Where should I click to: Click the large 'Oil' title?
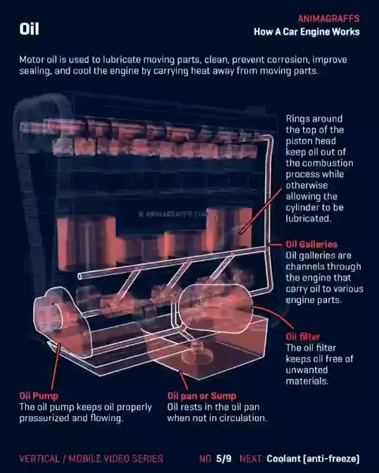pyautogui.click(x=29, y=29)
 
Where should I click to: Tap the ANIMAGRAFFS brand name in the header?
pyautogui.click(x=328, y=19)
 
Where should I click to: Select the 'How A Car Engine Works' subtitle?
pyautogui.click(x=307, y=32)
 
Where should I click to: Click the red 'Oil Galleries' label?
pyautogui.click(x=311, y=244)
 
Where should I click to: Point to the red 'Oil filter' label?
pyautogui.click(x=303, y=337)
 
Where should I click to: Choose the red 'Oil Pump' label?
pyautogui.click(x=39, y=396)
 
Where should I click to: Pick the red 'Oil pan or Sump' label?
pyautogui.click(x=202, y=396)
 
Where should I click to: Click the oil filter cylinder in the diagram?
pyautogui.click(x=216, y=308)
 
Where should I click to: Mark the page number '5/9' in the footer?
pyautogui.click(x=223, y=459)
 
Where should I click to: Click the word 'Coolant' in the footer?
pyautogui.click(x=283, y=459)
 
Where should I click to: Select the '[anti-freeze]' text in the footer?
pyautogui.click(x=332, y=459)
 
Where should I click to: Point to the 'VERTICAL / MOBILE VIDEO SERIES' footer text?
pyautogui.click(x=92, y=459)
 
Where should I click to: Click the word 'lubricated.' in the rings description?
pyautogui.click(x=308, y=218)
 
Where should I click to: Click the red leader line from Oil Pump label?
pyautogui.click(x=55, y=367)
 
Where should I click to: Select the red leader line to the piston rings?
pyautogui.click(x=261, y=211)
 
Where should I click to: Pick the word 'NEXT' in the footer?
pyautogui.click(x=251, y=459)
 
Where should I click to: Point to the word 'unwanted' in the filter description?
pyautogui.click(x=306, y=370)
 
